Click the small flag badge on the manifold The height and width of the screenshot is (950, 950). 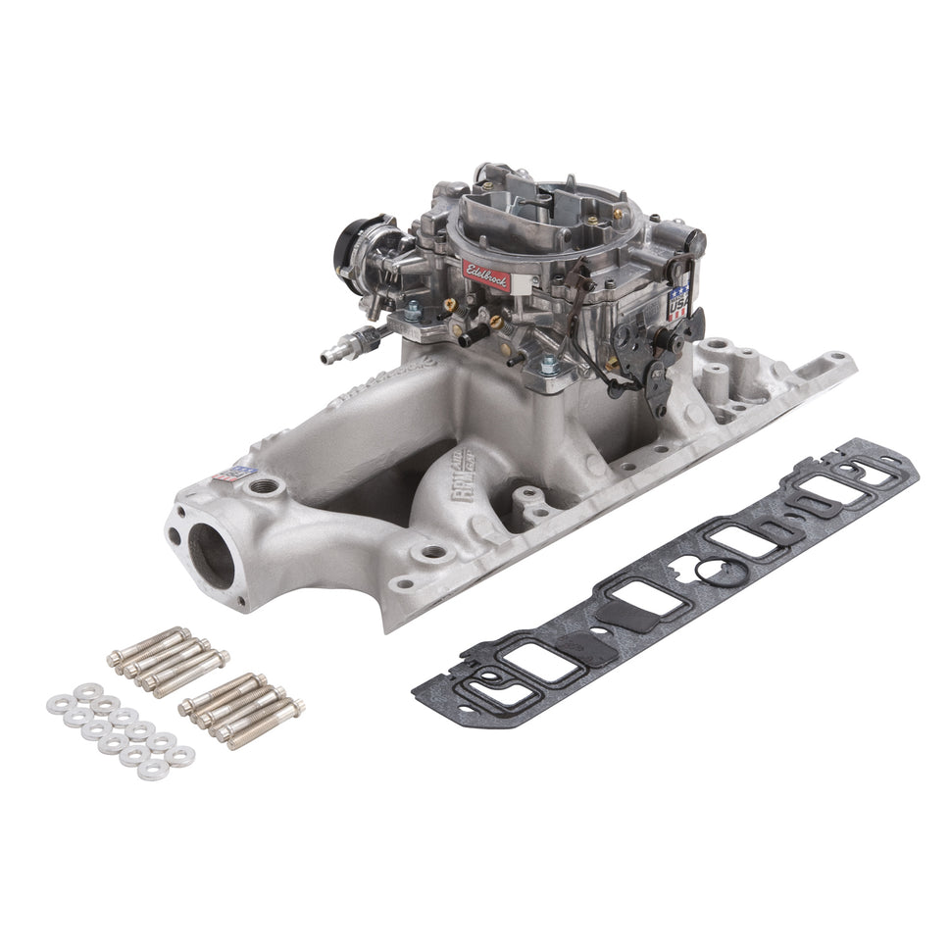pyautogui.click(x=228, y=472)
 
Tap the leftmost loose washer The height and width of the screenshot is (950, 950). pyautogui.click(x=58, y=704)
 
